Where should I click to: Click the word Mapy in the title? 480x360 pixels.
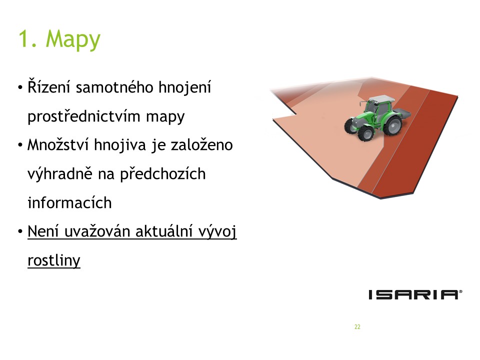pyautogui.click(x=73, y=40)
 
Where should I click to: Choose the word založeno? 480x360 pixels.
pyautogui.click(x=201, y=145)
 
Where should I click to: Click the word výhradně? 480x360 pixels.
pyautogui.click(x=59, y=174)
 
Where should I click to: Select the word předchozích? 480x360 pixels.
pyautogui.click(x=162, y=174)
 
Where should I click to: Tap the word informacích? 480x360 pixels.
pyautogui.click(x=69, y=202)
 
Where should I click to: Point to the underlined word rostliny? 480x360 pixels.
pyautogui.click(x=54, y=260)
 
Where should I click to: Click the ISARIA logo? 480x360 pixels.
pyautogui.click(x=415, y=294)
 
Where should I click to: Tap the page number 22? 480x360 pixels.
pyautogui.click(x=357, y=327)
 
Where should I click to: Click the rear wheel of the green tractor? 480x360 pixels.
pyautogui.click(x=392, y=125)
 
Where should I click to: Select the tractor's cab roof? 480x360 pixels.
pyautogui.click(x=381, y=99)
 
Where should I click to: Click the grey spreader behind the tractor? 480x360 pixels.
pyautogui.click(x=401, y=114)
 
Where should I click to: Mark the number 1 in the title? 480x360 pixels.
pyautogui.click(x=23, y=39)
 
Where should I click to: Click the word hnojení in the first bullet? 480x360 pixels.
pyautogui.click(x=185, y=87)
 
